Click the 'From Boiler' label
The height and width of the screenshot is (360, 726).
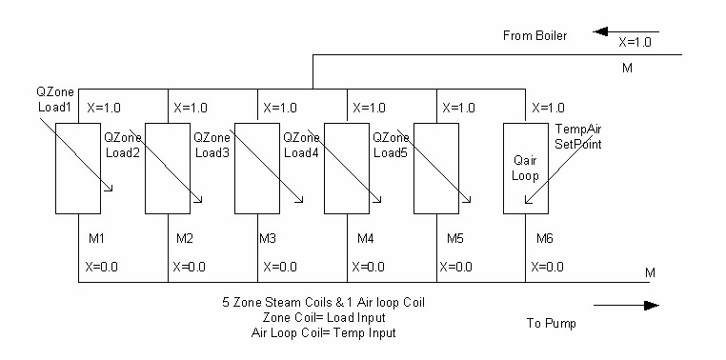(534, 36)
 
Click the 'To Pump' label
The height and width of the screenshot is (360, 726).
(552, 323)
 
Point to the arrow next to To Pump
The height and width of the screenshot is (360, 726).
(625, 306)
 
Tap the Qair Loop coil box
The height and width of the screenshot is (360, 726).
(526, 168)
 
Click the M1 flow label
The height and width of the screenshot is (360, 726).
(96, 237)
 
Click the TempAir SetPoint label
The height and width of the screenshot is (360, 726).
(582, 135)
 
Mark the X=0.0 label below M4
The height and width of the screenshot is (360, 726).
(372, 267)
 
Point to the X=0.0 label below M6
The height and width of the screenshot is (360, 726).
(551, 267)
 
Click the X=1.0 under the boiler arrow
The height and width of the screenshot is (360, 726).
(636, 43)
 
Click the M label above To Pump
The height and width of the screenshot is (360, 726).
(651, 273)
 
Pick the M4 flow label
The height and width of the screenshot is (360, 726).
(365, 237)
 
